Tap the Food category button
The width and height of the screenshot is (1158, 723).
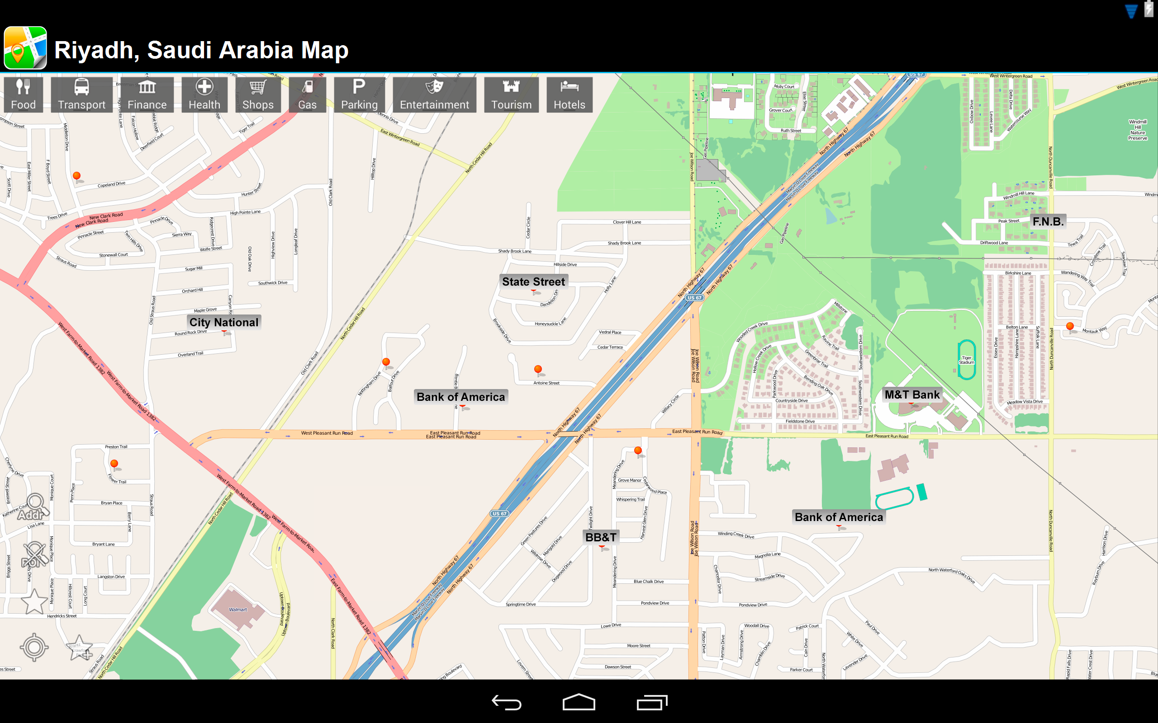click(x=23, y=95)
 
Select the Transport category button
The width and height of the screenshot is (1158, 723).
click(x=81, y=95)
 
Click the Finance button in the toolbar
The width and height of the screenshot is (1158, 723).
click(x=147, y=95)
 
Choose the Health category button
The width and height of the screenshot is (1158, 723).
click(x=204, y=95)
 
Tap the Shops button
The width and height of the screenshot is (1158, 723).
click(x=257, y=95)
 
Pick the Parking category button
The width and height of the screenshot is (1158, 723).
click(x=359, y=95)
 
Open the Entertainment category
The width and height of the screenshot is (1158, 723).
click(x=434, y=95)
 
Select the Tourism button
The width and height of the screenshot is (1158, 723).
click(x=511, y=95)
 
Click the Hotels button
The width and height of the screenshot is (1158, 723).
click(x=569, y=95)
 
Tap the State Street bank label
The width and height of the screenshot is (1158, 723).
click(x=533, y=282)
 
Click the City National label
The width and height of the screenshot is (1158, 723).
click(x=223, y=322)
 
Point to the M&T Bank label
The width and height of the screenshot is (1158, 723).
click(x=911, y=394)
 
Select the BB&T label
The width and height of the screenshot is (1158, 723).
click(x=601, y=537)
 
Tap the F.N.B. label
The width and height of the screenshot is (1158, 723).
click(x=1048, y=221)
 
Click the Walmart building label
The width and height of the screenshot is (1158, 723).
click(x=238, y=610)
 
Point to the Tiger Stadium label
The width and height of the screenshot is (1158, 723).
click(x=966, y=360)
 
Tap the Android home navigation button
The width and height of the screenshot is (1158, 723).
click(x=579, y=702)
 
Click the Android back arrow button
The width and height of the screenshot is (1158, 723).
click(x=506, y=702)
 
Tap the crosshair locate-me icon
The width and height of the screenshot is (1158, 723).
click(x=34, y=647)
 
